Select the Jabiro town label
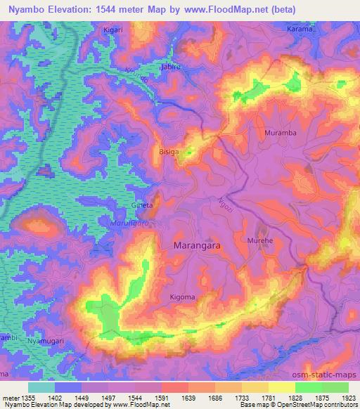(172, 67)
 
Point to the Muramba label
(280, 132)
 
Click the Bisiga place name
(170, 150)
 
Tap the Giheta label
(143, 206)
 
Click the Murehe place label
(260, 240)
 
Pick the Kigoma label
(183, 297)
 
